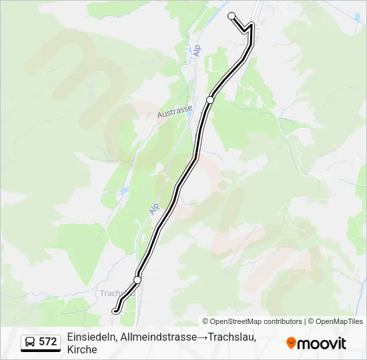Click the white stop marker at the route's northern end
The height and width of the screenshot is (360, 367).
[232, 16]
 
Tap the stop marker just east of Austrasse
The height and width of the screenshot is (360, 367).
[210, 99]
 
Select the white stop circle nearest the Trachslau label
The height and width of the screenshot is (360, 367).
[137, 279]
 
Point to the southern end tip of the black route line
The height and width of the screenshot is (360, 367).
[115, 310]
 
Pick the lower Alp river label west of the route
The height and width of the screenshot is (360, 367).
[154, 209]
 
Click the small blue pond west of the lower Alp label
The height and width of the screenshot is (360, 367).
[123, 191]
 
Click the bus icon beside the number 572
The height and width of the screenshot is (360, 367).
[30, 342]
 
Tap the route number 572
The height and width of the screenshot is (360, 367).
[48, 342]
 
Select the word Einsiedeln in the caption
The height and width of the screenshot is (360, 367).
[91, 337]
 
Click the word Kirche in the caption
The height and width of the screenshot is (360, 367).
[82, 349]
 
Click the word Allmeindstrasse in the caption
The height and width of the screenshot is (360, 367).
[157, 337]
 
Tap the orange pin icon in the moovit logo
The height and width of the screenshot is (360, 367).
[291, 343]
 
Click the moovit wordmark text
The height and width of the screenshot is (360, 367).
[322, 343]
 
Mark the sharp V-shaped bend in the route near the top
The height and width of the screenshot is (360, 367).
[246, 30]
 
